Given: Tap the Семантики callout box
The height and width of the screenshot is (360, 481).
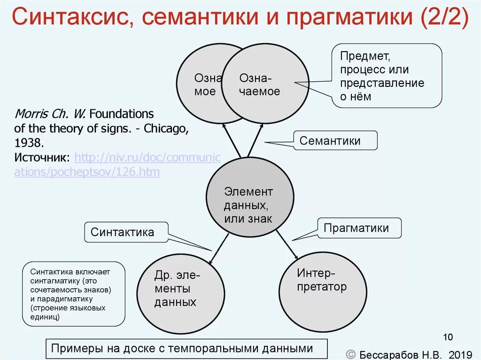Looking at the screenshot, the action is (336, 140).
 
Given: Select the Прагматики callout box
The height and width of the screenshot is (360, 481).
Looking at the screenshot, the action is (360, 228).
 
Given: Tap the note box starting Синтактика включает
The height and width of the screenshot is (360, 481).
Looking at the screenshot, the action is (74, 294).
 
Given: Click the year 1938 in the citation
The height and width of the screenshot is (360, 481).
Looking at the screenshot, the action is (30, 142).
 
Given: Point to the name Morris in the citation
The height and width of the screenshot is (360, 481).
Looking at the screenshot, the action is (30, 114).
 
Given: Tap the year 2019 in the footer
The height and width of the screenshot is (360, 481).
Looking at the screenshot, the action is (460, 354).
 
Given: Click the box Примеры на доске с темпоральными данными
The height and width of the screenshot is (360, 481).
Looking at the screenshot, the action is (181, 348).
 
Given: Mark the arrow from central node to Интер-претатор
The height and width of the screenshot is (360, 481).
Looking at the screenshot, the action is (287, 245).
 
